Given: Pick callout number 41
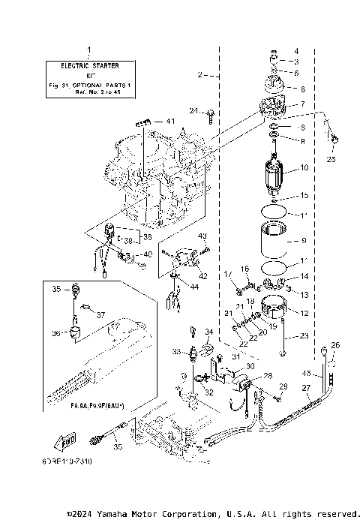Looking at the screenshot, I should tap(170, 122).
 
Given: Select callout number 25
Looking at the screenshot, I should tap(331, 158).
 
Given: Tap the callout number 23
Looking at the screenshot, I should tap(304, 335).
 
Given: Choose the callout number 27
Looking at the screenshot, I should tap(305, 387).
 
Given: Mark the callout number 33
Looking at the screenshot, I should tap(176, 351).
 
